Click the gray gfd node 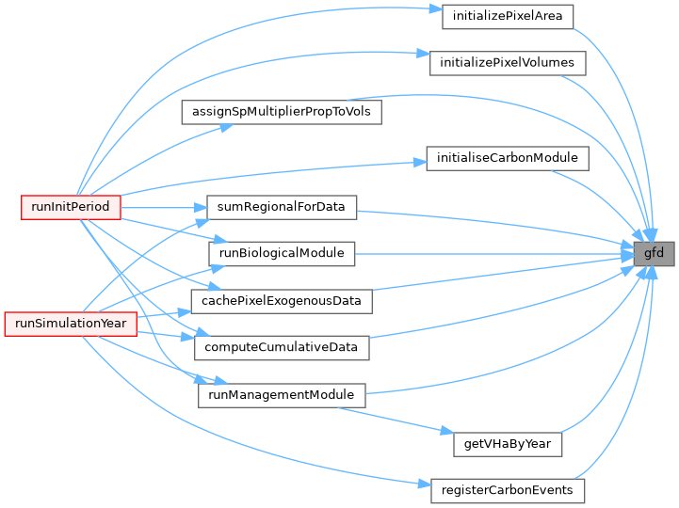pos(654,253)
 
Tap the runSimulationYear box pos(72,324)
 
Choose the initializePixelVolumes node pos(508,64)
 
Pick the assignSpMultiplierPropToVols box pos(281,111)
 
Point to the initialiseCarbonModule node pos(508,158)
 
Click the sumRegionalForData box pos(281,206)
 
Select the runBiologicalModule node pos(281,253)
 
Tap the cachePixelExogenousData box pos(281,300)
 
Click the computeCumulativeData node pos(281,347)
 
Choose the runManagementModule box pos(281,395)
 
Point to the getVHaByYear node pos(508,442)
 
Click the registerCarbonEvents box pos(508,490)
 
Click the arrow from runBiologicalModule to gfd pos(490,253)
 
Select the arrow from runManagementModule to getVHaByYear pos(405,419)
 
